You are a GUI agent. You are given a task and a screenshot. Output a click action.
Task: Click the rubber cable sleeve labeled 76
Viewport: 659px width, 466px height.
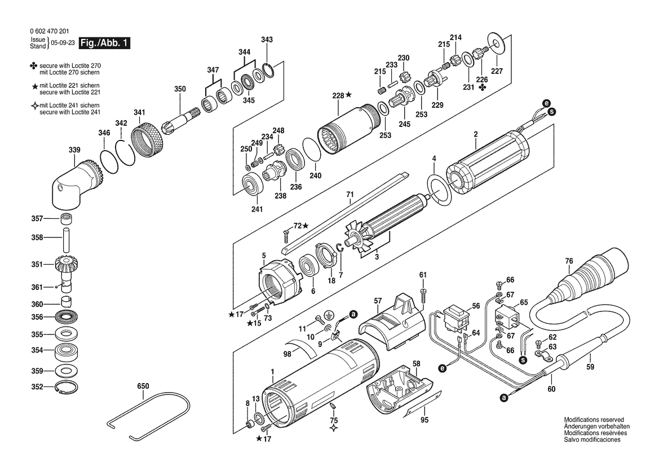592,276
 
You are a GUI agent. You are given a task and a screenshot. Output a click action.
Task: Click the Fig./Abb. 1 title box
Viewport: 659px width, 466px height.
104,43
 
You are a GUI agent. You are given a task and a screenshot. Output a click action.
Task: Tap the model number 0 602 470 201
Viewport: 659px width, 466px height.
50,33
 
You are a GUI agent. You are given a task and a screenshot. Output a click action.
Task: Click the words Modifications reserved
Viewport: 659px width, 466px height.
594,420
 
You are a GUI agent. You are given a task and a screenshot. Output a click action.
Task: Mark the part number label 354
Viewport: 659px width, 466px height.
37,350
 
